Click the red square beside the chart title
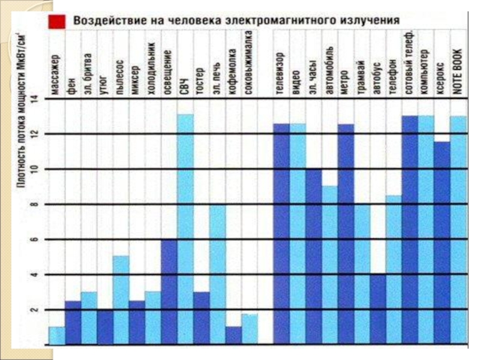click(x=58, y=21)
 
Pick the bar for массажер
click(x=56, y=336)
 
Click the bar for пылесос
click(x=121, y=301)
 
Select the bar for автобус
click(x=379, y=310)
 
